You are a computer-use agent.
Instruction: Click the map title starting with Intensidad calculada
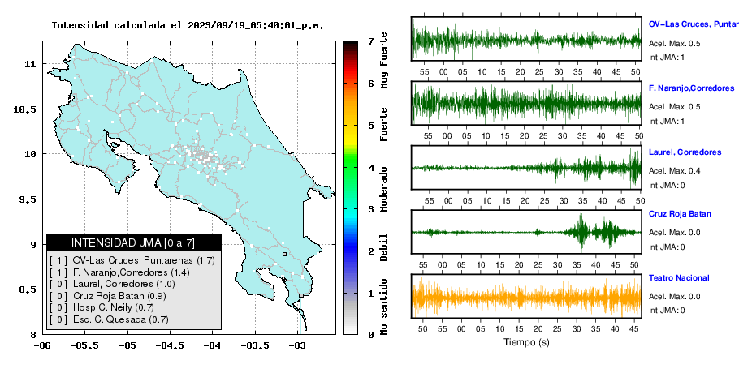point(188,25)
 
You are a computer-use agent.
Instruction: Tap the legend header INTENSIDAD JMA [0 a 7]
point(133,242)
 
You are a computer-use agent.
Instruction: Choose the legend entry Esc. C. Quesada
point(108,319)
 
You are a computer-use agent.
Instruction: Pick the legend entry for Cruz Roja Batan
point(107,296)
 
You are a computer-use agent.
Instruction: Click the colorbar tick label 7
point(371,41)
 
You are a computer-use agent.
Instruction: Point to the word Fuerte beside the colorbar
point(384,124)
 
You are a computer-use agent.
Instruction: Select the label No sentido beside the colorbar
point(384,307)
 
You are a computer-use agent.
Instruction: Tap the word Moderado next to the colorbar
point(384,189)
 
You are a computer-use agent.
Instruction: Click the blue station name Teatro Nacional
point(679,278)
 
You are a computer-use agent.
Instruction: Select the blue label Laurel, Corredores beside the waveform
point(685,152)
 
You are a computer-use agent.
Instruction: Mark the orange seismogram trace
point(526,298)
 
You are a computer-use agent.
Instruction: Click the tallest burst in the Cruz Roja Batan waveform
point(581,232)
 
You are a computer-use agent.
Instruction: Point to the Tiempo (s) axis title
point(526,342)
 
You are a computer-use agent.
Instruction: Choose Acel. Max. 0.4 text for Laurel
point(674,171)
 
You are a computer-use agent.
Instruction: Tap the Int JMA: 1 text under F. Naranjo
point(667,122)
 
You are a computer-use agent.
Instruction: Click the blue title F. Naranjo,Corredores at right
point(691,88)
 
